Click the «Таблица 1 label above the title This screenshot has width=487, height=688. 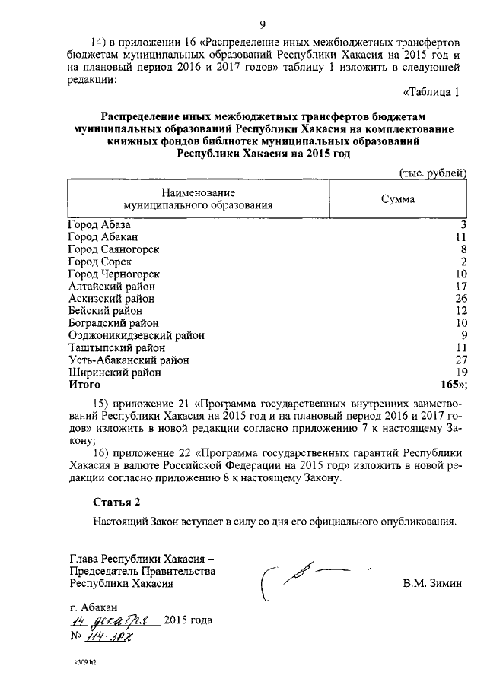click(431, 94)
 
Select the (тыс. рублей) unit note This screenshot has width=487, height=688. click(432, 173)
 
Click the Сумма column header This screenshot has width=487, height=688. click(397, 199)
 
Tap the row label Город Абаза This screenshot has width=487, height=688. click(99, 225)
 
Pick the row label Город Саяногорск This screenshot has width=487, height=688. click(113, 249)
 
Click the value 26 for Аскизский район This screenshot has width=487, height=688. click(459, 299)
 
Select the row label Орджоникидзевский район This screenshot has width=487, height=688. click(136, 335)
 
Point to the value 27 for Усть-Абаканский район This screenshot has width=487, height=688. click(459, 360)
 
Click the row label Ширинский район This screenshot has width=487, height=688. click(114, 373)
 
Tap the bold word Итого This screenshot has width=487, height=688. click(84, 385)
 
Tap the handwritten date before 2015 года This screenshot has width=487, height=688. click(113, 620)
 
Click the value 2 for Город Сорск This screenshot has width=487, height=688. click(462, 262)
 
